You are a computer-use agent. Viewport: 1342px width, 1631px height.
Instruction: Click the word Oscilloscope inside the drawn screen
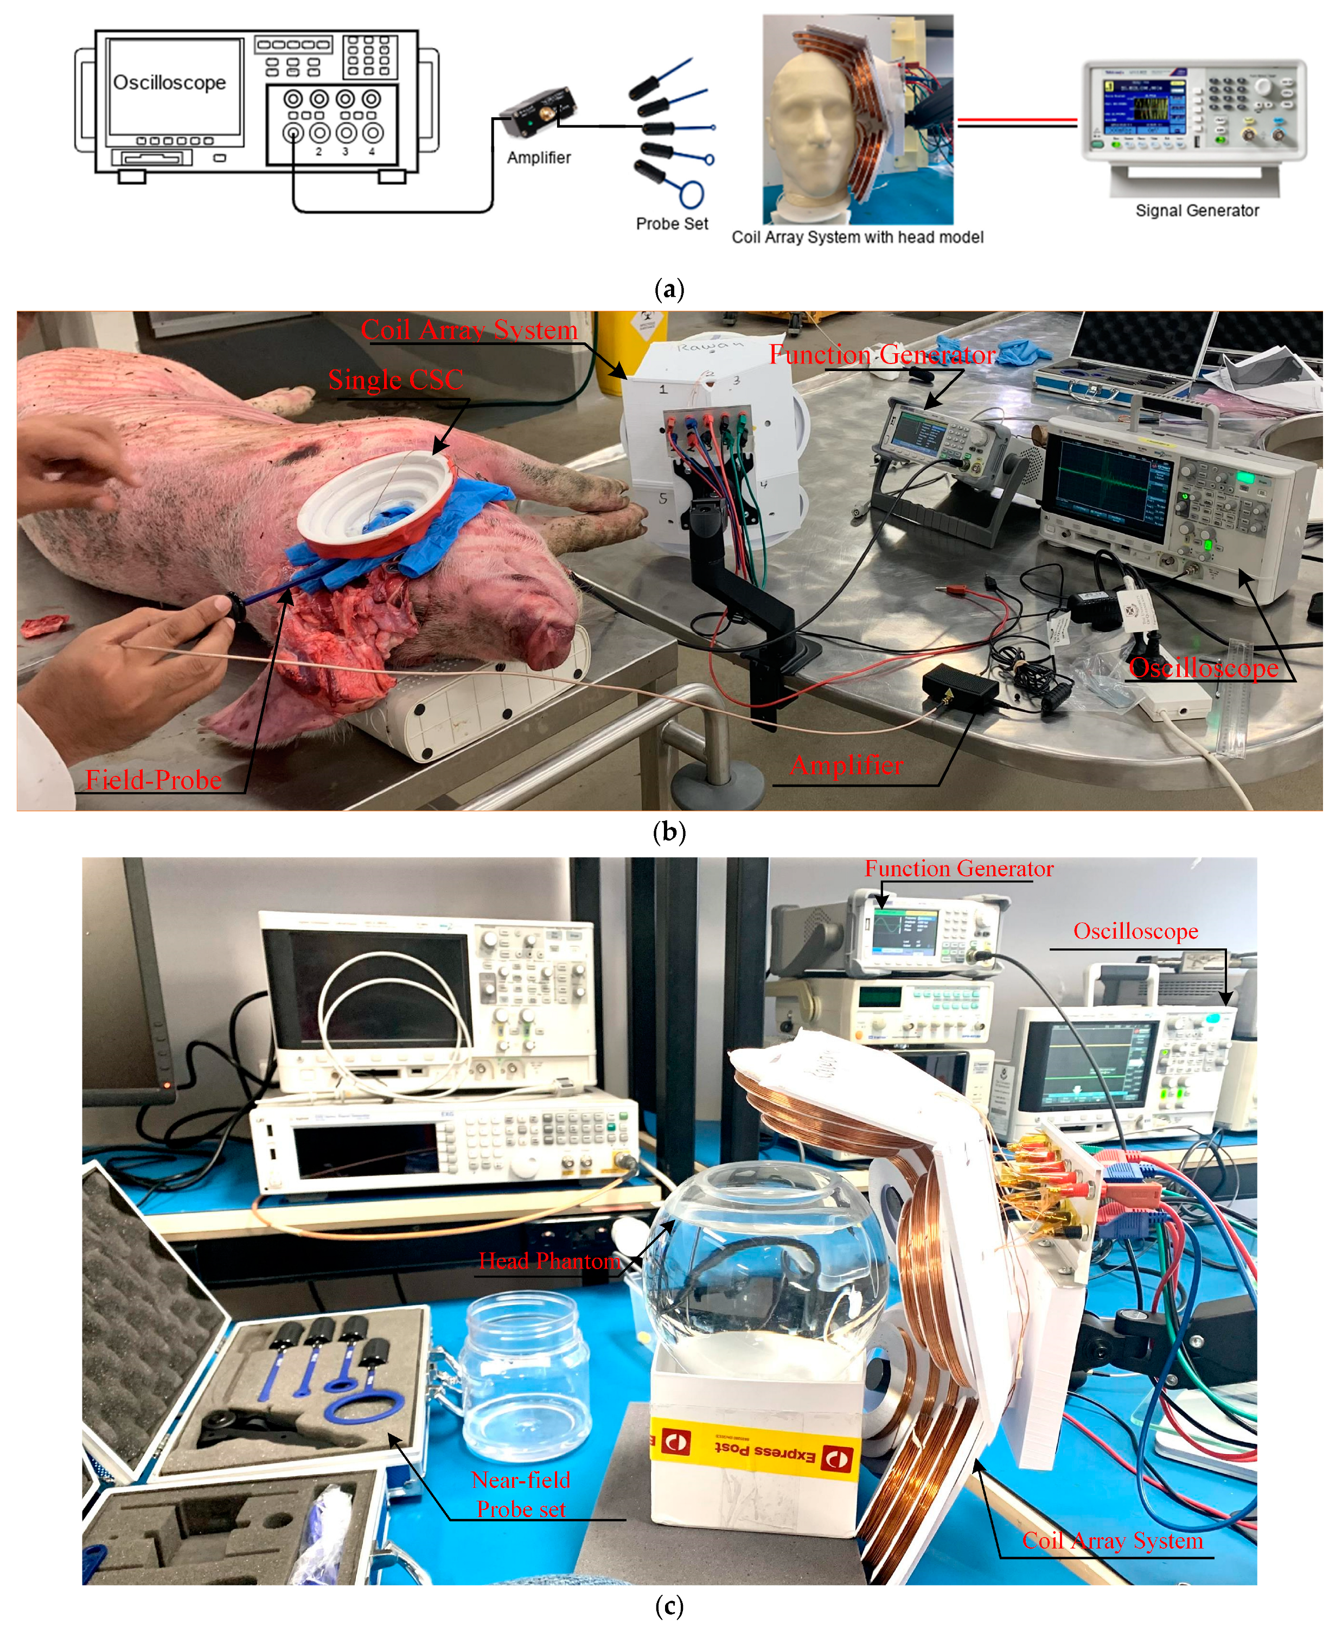[x=169, y=83]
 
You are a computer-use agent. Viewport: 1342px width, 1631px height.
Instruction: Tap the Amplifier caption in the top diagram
[x=539, y=158]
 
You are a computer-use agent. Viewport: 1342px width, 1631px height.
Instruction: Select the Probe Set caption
[x=672, y=224]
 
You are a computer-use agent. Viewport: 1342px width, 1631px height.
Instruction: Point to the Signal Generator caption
[x=1197, y=211]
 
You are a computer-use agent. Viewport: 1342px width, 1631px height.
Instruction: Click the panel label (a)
[x=669, y=290]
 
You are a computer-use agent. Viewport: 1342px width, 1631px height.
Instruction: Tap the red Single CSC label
[x=396, y=380]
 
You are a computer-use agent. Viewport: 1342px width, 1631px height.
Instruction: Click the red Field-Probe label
[x=153, y=780]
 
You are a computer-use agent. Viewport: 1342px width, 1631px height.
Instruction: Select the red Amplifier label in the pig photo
[x=847, y=765]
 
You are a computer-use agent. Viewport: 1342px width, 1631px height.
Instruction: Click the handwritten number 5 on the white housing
[x=662, y=499]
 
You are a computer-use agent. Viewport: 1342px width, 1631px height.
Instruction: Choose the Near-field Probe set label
[x=521, y=1494]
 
